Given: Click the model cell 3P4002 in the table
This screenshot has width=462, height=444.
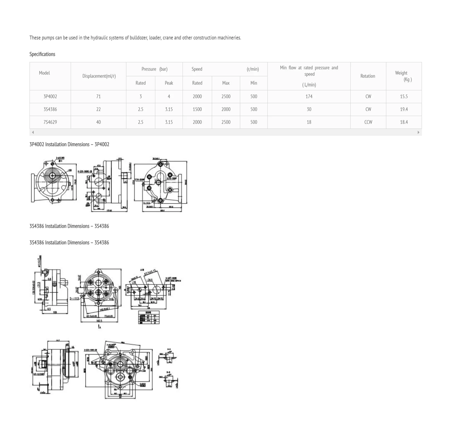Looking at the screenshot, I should pos(50,96).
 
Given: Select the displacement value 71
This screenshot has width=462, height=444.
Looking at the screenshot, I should pos(99,96).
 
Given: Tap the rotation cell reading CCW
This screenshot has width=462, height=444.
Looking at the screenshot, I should pos(368,122).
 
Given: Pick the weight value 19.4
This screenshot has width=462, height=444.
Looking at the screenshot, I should pos(404,109).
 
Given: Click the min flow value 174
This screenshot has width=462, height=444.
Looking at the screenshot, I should pos(309,96).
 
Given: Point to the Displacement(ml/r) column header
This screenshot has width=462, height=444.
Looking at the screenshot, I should pos(99,76).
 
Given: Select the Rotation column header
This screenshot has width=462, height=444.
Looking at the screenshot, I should pos(367,76).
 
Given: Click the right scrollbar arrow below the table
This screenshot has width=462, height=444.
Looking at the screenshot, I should pos(418,132).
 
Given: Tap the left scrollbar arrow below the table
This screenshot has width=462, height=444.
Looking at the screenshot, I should pos(33,132).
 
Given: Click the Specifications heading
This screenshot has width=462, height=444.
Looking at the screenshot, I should pos(42,54).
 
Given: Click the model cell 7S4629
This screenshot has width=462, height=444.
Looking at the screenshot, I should pos(50,122).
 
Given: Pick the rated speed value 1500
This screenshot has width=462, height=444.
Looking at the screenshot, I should pos(197,109).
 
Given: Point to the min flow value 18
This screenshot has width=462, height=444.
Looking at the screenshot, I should pos(309,122).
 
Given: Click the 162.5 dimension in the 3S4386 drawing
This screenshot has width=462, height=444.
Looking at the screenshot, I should pos(99,321).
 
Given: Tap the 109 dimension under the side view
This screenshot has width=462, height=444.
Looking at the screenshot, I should pos(55,312).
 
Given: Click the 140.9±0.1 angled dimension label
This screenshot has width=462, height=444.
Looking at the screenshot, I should pos(105,310).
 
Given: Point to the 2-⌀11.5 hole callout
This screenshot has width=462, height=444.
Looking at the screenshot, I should pos(74,298).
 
